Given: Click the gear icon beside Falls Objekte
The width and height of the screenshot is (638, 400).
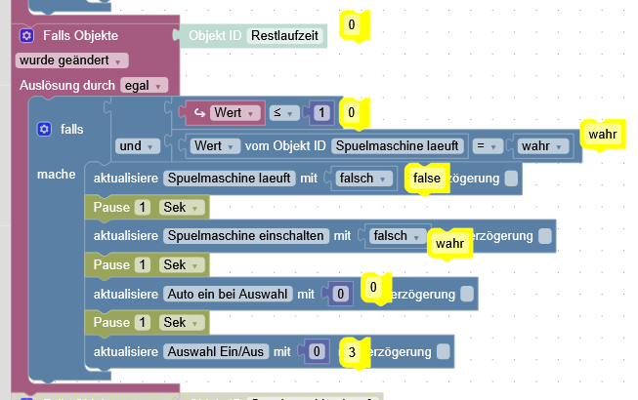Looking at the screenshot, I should (26, 35).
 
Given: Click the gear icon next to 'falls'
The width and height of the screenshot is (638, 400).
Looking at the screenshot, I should (43, 129).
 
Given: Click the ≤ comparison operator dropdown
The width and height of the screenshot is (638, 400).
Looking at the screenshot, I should (282, 113).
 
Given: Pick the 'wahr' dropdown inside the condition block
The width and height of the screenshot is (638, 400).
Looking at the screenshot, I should (543, 146).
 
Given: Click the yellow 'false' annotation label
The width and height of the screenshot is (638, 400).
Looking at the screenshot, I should (427, 180).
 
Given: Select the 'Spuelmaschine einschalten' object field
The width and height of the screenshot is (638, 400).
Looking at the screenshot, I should (246, 236).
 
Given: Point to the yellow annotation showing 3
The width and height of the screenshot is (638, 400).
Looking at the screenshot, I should (353, 352).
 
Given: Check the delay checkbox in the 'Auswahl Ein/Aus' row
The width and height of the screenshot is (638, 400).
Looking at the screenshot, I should (444, 350).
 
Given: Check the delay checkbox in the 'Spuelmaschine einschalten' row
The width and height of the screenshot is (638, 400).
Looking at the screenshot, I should (545, 236).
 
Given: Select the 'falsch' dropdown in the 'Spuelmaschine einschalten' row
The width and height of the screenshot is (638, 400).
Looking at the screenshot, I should (395, 236).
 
